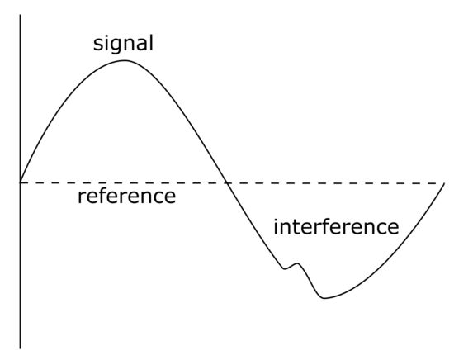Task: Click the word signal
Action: [x=123, y=44]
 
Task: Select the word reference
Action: [x=126, y=196]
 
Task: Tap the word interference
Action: [x=336, y=226]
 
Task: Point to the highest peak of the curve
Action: [x=125, y=60]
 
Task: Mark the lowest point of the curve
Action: [x=324, y=298]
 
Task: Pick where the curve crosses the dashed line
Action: [x=227, y=183]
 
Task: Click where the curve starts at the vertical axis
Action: [x=21, y=182]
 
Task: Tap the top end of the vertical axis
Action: [x=21, y=15]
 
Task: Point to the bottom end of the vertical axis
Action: [x=21, y=348]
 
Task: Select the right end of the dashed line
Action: [x=443, y=183]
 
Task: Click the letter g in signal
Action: [x=116, y=45]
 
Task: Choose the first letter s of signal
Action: [x=98, y=45]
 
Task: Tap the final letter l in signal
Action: [x=151, y=43]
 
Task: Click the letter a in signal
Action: [x=142, y=45]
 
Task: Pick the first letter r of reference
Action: [x=82, y=198]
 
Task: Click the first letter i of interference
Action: [x=276, y=226]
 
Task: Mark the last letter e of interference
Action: [x=393, y=229]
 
